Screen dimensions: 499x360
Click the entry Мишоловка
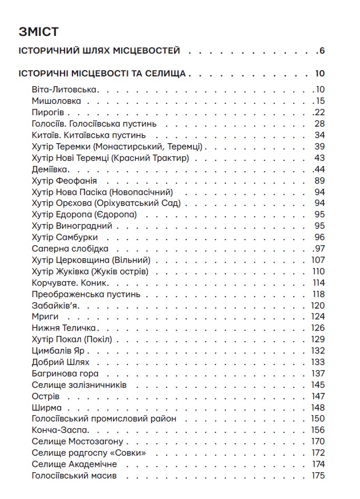pyautogui.click(x=56, y=101)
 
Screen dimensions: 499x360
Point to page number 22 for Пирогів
pyautogui.click(x=319, y=112)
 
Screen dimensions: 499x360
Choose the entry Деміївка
pyautogui.click(x=52, y=169)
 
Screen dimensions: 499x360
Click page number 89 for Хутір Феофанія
pyautogui.click(x=319, y=181)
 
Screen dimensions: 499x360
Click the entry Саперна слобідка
pyautogui.click(x=70, y=249)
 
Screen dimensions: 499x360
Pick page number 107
pyautogui.click(x=318, y=260)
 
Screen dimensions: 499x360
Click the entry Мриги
pyautogui.click(x=43, y=317)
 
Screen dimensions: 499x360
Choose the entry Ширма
pyautogui.click(x=46, y=408)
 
